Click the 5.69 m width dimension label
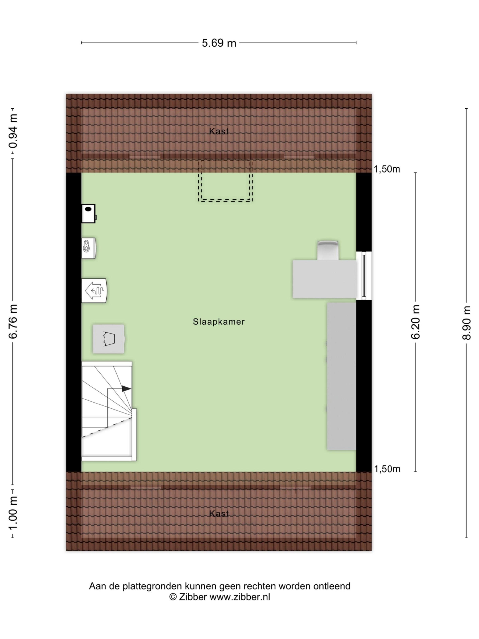pos(219,43)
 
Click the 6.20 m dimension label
pos(415,321)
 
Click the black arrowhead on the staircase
pos(126,389)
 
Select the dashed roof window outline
pos(225,185)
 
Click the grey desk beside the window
pos(324,279)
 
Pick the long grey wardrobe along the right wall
pos(341,376)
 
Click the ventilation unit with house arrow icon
pos(94,290)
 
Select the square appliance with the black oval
pos(88,213)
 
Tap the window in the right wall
pos(363,276)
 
